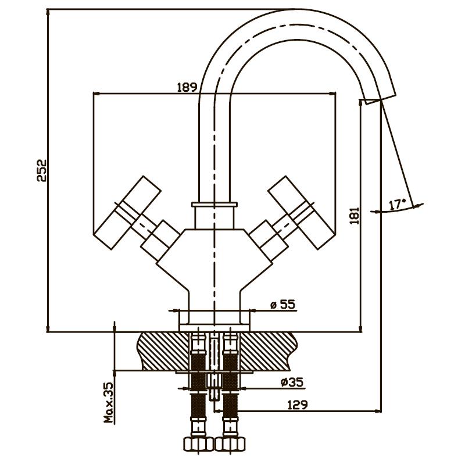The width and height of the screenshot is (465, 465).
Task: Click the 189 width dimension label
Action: coord(187,87)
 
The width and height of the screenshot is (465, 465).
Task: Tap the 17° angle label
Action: coord(396,205)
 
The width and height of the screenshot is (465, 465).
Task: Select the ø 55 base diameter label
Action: coord(284,305)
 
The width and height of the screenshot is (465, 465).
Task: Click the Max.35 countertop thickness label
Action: coord(109,402)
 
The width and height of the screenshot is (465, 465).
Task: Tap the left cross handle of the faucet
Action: coord(128,212)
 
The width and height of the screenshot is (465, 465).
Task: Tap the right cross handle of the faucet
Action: coord(302,212)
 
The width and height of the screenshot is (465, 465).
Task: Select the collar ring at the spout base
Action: coord(214,205)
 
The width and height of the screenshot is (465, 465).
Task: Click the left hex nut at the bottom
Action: coord(198,443)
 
